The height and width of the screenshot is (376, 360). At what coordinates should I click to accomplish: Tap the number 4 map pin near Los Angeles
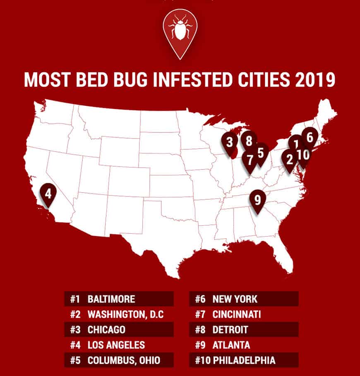tap(48, 193)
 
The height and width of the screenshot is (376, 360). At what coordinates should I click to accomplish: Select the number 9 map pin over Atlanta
tap(257, 200)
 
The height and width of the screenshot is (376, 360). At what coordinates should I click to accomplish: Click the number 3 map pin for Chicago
tap(230, 142)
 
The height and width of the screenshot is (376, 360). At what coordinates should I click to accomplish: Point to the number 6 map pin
tap(310, 137)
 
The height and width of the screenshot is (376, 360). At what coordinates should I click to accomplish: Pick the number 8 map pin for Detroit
tap(249, 141)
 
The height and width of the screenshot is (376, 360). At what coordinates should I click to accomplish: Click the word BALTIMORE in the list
tap(111, 299)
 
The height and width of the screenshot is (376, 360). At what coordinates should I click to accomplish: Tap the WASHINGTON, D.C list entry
tap(126, 314)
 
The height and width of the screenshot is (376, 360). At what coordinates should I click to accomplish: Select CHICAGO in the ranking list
tap(106, 330)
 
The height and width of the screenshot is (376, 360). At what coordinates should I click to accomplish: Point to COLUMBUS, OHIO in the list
tap(123, 360)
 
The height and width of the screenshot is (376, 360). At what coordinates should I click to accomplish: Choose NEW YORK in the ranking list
tap(235, 299)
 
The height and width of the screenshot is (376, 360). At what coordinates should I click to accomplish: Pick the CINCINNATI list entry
tap(237, 314)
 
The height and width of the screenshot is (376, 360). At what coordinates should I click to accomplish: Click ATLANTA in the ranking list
tap(231, 345)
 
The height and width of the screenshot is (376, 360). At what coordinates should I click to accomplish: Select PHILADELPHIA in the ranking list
tap(244, 360)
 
